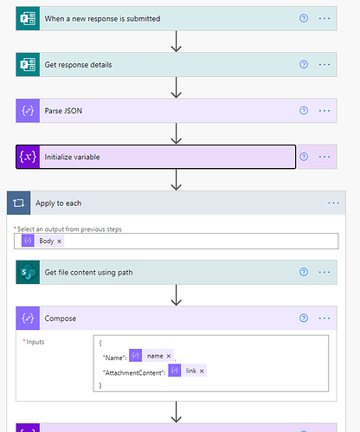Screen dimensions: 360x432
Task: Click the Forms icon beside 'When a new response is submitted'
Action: [x=28, y=18]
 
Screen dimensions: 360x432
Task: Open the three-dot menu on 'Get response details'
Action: [x=325, y=64]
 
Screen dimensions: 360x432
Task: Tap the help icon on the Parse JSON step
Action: [x=304, y=111]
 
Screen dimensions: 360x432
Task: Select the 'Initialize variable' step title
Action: [x=72, y=157]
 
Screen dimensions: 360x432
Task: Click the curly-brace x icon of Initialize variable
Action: [x=28, y=157]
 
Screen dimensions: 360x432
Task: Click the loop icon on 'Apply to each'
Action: [x=18, y=203]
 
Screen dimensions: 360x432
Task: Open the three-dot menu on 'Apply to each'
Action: [x=333, y=203]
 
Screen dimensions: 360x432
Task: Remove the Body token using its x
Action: [x=59, y=242]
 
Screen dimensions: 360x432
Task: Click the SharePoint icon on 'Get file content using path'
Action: [x=28, y=272]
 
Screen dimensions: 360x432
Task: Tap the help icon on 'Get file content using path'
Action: [x=304, y=272]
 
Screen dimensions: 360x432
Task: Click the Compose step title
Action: [x=61, y=319]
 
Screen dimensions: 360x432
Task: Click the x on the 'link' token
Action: [x=202, y=371]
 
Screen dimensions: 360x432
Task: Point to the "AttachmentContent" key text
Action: [x=134, y=373]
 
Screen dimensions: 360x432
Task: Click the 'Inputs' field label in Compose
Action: [x=35, y=342]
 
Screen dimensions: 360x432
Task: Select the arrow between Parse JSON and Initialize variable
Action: [x=176, y=133]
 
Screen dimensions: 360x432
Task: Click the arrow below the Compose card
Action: [x=176, y=412]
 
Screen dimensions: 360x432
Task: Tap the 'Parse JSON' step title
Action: [x=63, y=111]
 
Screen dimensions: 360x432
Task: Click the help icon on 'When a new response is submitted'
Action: [x=304, y=18]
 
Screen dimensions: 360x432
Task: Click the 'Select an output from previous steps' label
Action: [x=69, y=229]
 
